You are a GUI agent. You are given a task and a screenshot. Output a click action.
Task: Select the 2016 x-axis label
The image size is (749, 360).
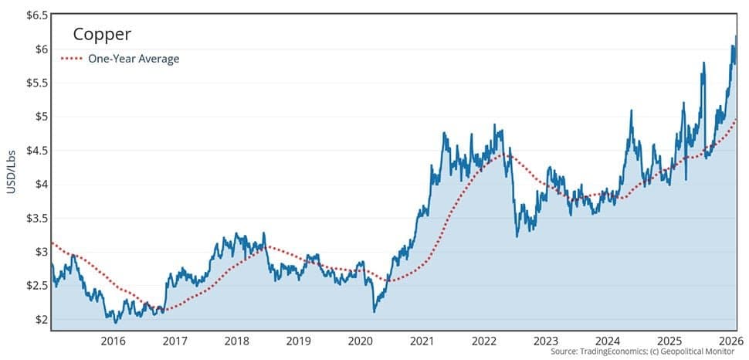tap(113, 341)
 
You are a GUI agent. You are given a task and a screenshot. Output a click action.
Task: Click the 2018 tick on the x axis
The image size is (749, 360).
tap(236, 341)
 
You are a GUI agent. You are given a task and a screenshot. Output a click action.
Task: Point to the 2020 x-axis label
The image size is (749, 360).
tap(361, 341)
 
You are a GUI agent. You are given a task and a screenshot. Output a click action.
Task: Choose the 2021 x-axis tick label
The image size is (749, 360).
tap(422, 341)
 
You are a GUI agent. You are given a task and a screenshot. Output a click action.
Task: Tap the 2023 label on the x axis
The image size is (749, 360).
tap(546, 341)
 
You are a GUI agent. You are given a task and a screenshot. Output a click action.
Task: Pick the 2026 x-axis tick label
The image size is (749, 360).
tap(729, 341)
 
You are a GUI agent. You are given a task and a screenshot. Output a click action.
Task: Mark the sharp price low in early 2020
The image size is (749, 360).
tap(374, 311)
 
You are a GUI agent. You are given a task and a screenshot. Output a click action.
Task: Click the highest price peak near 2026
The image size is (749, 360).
tap(736, 36)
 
